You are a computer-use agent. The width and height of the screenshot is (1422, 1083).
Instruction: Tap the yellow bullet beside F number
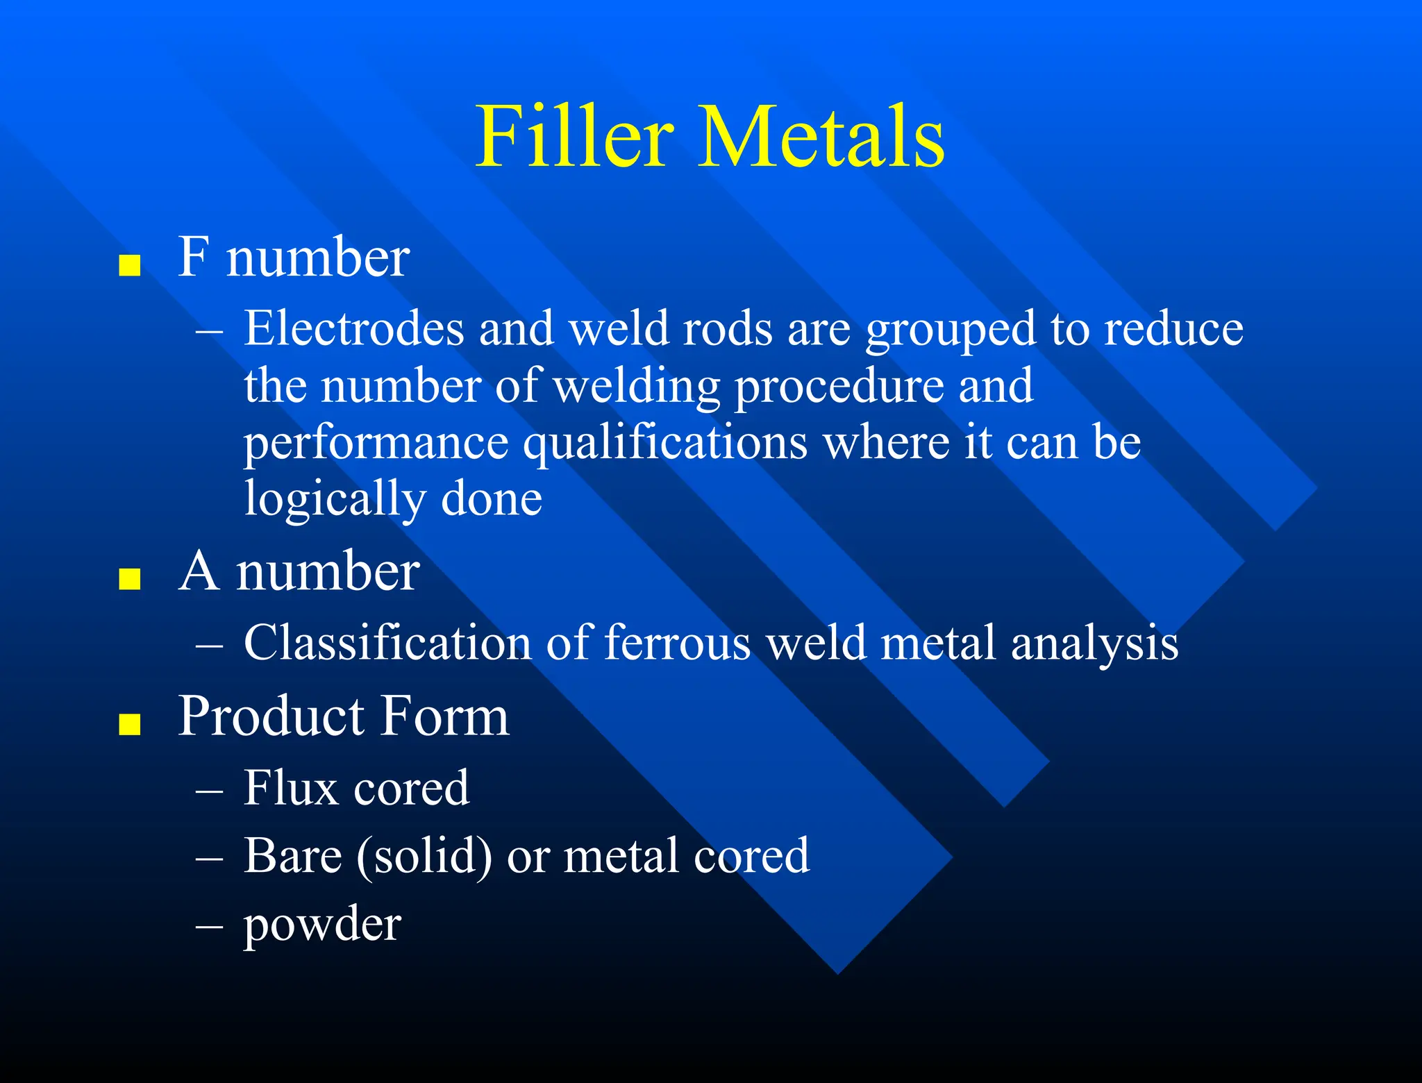[130, 265]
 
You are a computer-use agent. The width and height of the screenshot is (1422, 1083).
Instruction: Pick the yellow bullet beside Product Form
[130, 723]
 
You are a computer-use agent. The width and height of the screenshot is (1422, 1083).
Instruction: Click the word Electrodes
[353, 328]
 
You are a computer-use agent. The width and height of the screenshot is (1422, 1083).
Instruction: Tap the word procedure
[839, 387]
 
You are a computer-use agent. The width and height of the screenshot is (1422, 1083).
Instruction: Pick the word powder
[322, 925]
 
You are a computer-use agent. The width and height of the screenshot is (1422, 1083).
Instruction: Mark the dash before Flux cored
[209, 791]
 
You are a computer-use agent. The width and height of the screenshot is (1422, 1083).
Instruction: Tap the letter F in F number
[193, 257]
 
